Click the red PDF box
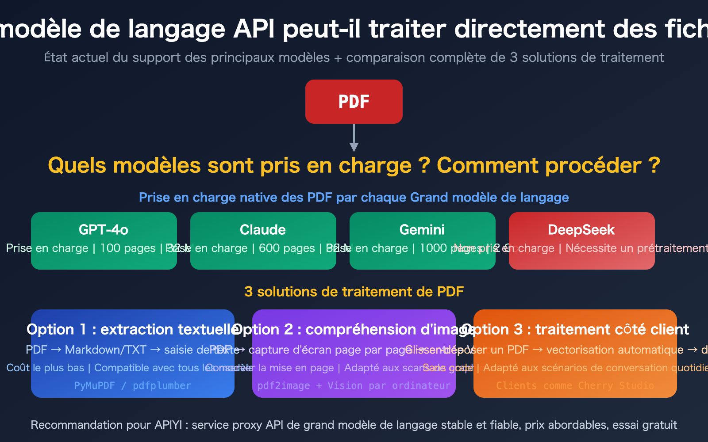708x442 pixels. (x=354, y=102)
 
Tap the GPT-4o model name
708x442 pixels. (x=104, y=230)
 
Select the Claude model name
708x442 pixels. (x=263, y=230)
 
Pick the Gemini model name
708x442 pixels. (x=422, y=230)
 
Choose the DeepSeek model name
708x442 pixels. (x=581, y=230)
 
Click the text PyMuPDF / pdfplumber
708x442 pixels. (x=133, y=386)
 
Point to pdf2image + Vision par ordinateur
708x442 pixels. (x=354, y=386)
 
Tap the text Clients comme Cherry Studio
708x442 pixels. (x=575, y=386)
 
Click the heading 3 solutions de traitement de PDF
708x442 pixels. (x=354, y=292)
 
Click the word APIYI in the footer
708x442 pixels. (x=168, y=425)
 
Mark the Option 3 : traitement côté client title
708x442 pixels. (x=575, y=330)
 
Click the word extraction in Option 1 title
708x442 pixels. (x=136, y=330)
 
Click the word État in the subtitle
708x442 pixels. (x=56, y=57)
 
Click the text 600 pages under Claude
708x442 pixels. (x=287, y=248)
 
